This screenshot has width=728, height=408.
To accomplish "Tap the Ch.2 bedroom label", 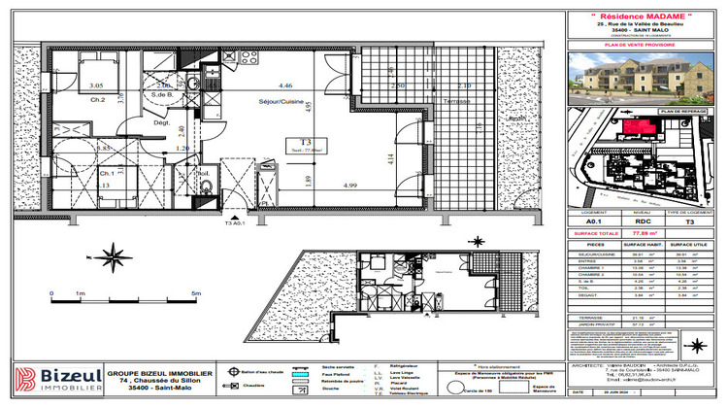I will [98, 100].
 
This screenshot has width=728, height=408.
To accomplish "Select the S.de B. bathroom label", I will [161, 94].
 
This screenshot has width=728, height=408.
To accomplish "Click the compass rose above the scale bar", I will [116, 258].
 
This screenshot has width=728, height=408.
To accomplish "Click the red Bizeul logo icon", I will [25, 379].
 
